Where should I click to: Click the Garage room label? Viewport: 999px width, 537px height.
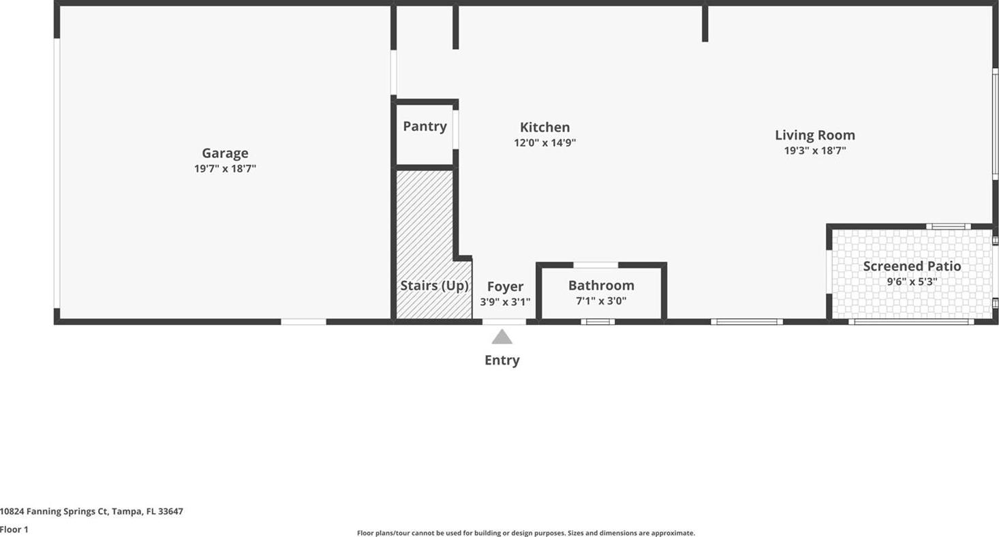coord(226,153)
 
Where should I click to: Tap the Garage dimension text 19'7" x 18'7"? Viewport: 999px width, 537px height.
coord(226,168)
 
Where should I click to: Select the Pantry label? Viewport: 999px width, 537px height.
coord(425,126)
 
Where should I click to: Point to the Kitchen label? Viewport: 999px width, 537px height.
coord(545,127)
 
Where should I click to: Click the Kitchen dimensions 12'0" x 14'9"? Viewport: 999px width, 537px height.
coord(545,142)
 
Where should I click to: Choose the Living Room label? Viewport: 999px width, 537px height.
coord(815,135)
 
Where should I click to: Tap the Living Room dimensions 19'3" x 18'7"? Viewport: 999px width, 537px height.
coord(815,151)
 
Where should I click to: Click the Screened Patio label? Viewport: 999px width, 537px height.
coord(912,266)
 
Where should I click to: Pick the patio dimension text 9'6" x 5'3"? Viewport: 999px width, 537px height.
coord(912,281)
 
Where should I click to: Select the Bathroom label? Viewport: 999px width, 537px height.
coord(601,285)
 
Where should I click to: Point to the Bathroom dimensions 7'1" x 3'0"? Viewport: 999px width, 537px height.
coord(601,301)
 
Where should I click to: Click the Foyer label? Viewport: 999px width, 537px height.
coord(506,286)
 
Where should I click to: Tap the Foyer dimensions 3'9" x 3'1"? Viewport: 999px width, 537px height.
coord(506,302)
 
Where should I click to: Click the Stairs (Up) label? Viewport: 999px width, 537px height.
coord(434,286)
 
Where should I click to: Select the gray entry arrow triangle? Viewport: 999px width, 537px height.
coord(502,337)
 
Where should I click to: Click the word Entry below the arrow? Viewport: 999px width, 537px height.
coord(502,360)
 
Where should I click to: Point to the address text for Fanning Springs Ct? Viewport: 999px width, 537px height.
coord(91,511)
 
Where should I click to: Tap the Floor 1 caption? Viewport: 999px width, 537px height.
coord(14,530)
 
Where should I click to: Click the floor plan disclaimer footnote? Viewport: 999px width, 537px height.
coord(526,533)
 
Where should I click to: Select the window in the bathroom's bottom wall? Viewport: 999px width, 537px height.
coord(598,322)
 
